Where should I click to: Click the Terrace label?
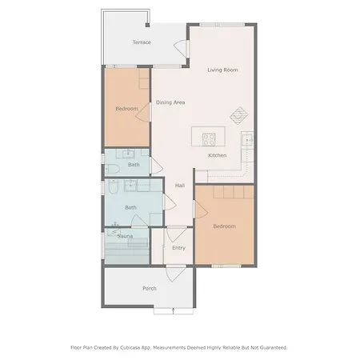pyautogui.click(x=142, y=42)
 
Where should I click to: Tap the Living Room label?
pyautogui.click(x=222, y=70)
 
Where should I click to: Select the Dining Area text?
pyautogui.click(x=170, y=102)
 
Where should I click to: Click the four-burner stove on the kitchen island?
pyautogui.click(x=209, y=139)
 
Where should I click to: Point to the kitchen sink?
pyautogui.click(x=248, y=139)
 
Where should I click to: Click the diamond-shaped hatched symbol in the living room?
pyautogui.click(x=239, y=115)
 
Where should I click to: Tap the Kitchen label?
pyautogui.click(x=218, y=155)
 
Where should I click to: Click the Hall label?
pyautogui.click(x=180, y=186)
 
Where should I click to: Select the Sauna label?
pyautogui.click(x=125, y=236)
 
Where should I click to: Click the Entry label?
pyautogui.click(x=178, y=248)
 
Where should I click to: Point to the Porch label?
pyautogui.click(x=150, y=288)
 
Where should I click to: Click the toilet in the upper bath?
pyautogui.click(x=112, y=169)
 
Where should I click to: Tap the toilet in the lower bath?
pyautogui.click(x=113, y=186)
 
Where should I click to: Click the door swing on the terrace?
pyautogui.click(x=180, y=47)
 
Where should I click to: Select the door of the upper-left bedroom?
pyautogui.click(x=143, y=112)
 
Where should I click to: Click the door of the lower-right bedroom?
pyautogui.click(x=201, y=210)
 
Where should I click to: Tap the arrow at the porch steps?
pyautogui.click(x=174, y=311)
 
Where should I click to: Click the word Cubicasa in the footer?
pyautogui.click(x=130, y=348)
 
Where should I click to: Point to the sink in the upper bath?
pyautogui.click(x=129, y=154)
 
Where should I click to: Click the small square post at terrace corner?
pyautogui.click(x=147, y=25)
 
